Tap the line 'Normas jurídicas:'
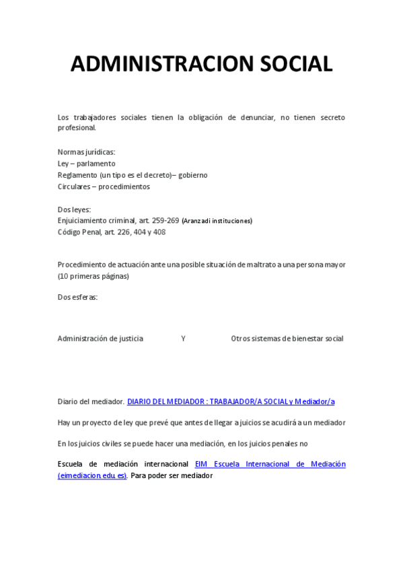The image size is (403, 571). point(86,152)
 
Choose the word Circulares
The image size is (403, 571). point(73,187)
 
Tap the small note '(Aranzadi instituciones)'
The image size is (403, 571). point(217,221)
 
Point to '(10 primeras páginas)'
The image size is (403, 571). point(93,276)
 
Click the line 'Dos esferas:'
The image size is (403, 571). point(77,297)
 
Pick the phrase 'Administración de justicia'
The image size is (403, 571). point(100,339)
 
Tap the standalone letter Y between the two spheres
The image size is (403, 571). point(183,339)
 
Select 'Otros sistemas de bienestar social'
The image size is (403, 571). point(287,339)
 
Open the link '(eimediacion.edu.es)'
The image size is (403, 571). point(92,476)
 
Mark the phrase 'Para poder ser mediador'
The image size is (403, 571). point(172,476)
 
